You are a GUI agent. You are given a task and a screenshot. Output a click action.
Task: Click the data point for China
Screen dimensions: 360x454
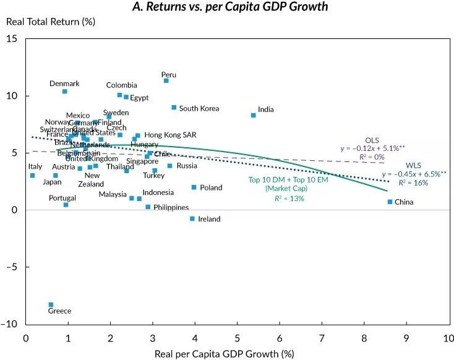tap(390, 202)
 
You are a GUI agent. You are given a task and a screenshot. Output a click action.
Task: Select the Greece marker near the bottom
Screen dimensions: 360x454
tap(51, 304)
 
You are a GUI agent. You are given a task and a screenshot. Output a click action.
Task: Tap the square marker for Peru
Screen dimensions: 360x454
tap(166, 80)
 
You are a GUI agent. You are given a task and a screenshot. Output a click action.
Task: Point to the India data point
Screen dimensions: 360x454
tap(253, 115)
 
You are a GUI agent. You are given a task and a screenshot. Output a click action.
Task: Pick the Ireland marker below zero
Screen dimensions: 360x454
tap(192, 218)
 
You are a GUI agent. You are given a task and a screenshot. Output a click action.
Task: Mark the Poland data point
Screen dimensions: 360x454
tap(194, 187)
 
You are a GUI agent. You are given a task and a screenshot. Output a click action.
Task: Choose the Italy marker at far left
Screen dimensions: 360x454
tap(32, 175)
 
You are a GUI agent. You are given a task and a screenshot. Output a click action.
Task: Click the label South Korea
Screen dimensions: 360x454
tap(199, 108)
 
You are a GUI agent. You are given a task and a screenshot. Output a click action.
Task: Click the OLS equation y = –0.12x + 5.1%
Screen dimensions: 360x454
tap(371, 148)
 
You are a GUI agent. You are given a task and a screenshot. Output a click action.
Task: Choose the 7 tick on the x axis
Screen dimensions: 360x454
tap(322, 338)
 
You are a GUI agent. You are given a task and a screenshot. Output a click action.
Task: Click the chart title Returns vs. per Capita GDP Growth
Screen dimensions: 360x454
tap(230, 7)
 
